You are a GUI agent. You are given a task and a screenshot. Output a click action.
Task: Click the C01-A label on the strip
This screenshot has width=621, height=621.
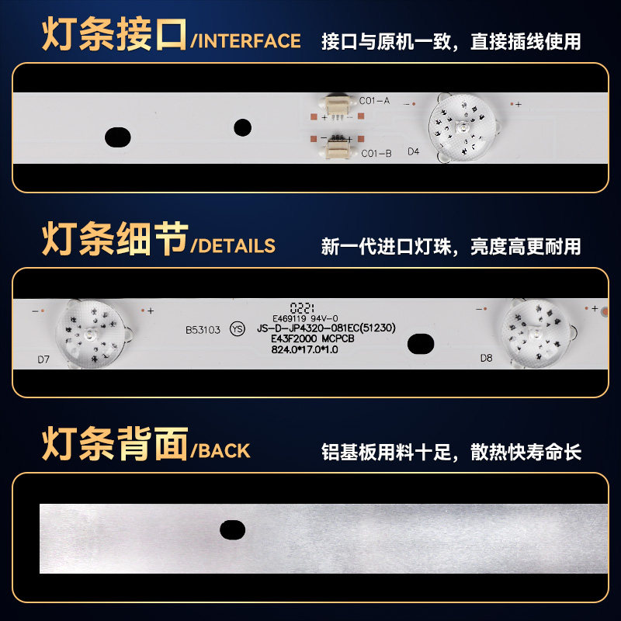pos(374,101)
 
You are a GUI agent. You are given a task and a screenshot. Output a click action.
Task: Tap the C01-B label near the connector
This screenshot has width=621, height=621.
pos(376,153)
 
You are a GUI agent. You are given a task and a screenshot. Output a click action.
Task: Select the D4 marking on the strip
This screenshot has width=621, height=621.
pos(414,151)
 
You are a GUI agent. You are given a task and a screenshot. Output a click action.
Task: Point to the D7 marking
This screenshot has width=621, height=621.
pos(43,359)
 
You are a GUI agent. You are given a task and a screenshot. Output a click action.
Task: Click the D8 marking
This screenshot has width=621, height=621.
pos(487,358)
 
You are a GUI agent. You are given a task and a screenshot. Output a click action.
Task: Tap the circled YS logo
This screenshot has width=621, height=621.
pos(238,329)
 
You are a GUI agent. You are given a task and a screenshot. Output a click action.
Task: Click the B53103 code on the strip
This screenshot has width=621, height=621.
pos(203,330)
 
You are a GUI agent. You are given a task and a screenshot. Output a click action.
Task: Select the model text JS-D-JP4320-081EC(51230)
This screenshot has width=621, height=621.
pos(326,328)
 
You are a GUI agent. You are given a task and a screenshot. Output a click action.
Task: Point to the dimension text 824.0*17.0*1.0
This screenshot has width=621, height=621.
pos(304,349)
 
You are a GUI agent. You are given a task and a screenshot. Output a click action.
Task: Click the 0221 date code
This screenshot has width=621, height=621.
pos(302,307)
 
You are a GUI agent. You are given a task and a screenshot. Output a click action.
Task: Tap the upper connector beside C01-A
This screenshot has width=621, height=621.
pos(336,106)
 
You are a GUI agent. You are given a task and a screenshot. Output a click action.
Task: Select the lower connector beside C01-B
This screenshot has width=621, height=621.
pos(338,149)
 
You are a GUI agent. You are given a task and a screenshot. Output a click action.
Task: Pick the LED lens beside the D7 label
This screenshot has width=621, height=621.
pos(92,335)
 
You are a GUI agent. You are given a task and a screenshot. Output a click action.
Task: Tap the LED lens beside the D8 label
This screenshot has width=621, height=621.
pos(536,334)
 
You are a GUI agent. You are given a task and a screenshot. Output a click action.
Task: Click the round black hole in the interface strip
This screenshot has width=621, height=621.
pos(243,127)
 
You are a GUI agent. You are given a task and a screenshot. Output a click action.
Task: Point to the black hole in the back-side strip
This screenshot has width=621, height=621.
pos(232,530)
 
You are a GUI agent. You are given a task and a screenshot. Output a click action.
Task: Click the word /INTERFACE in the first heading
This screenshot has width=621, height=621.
pos(245,41)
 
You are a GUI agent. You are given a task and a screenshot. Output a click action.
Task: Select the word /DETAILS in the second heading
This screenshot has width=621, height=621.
pos(233,246)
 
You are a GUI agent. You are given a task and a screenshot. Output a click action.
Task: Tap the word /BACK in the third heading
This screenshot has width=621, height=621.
pos(220,451)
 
